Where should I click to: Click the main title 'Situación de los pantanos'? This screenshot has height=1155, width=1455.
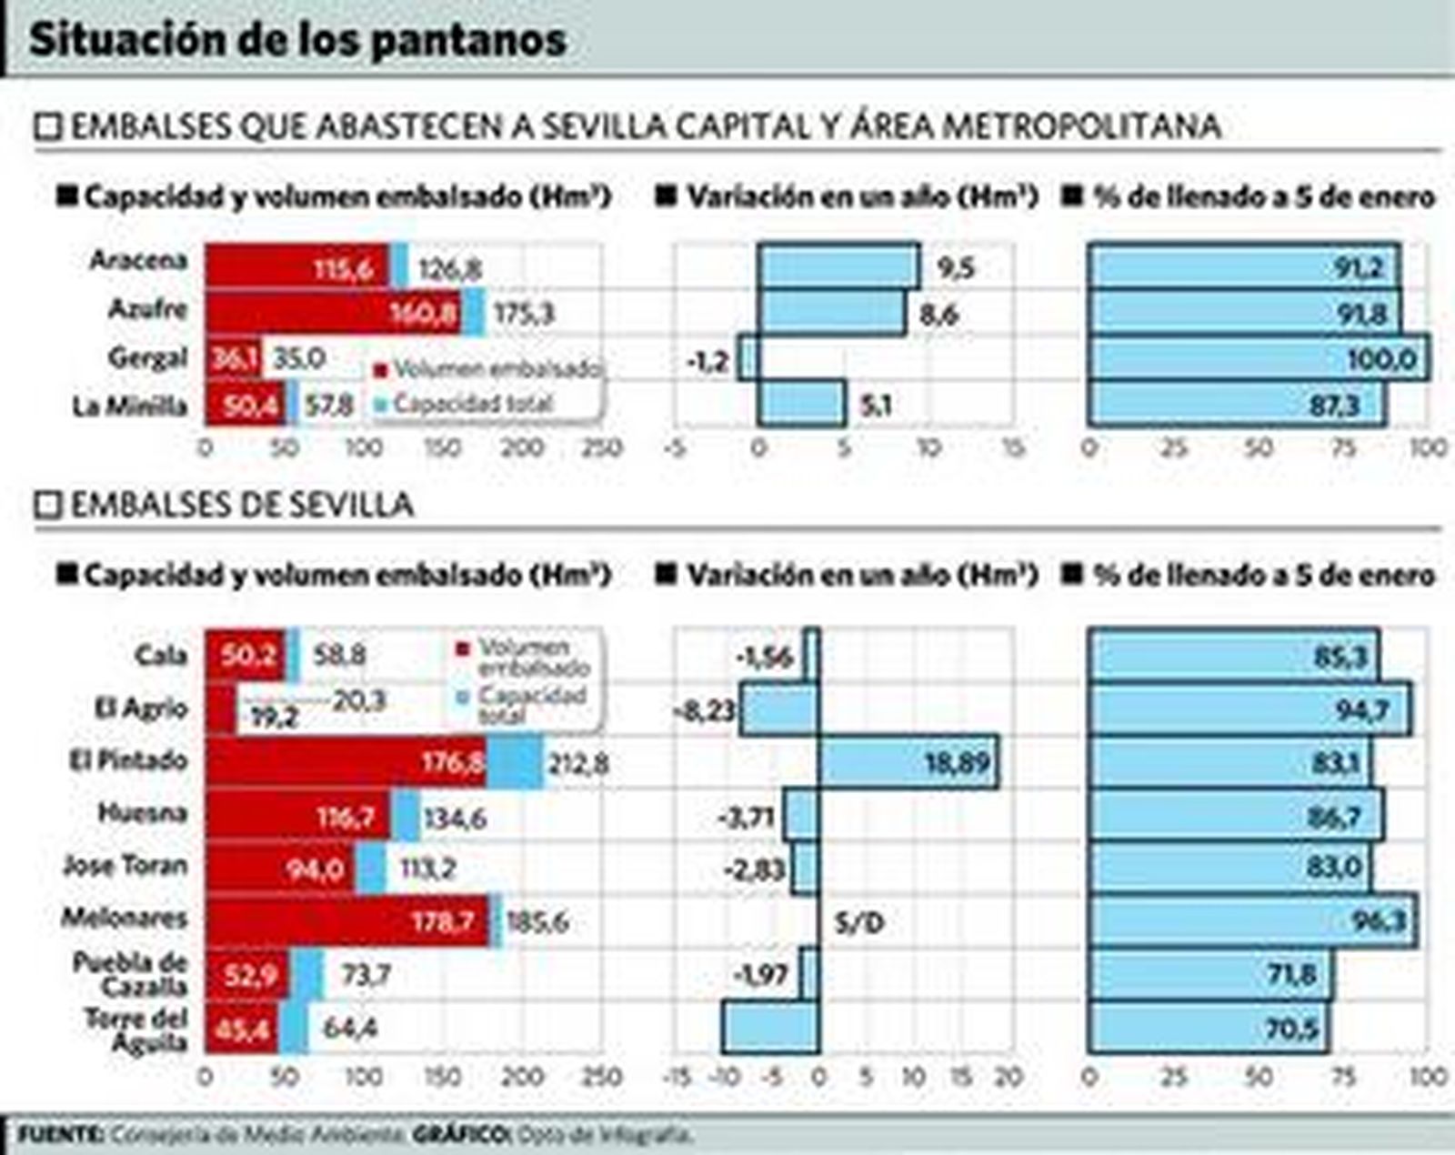[x=298, y=40]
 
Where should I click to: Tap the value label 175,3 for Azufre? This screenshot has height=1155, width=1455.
[x=523, y=314]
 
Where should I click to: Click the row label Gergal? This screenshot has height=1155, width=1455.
[x=147, y=357]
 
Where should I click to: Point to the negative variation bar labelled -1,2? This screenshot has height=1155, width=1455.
[x=748, y=358]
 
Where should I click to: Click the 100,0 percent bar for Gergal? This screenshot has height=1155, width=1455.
[x=1259, y=358]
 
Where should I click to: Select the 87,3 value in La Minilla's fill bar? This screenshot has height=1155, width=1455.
[x=1333, y=406]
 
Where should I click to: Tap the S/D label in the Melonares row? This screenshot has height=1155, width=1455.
[x=858, y=924]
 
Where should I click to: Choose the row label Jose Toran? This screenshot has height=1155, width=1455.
[x=125, y=865]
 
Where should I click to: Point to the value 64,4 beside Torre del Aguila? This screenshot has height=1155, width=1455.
[x=350, y=1029]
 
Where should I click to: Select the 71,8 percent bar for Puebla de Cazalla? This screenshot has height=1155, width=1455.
[x=1209, y=975]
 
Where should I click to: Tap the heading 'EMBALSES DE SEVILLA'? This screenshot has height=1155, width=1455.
[x=242, y=505]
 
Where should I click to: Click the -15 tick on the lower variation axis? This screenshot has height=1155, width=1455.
[x=677, y=1078]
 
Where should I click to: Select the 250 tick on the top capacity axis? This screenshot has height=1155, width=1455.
[x=602, y=447]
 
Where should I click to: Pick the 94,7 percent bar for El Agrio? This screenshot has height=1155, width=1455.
[x=1249, y=709]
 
